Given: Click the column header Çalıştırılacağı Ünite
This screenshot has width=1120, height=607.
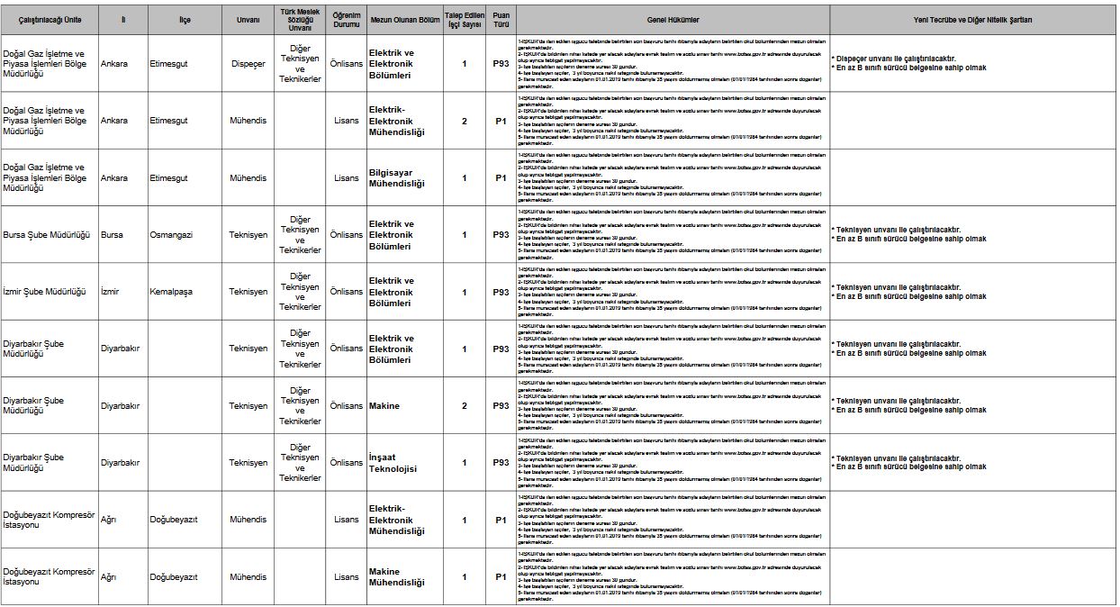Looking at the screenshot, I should click(50, 20).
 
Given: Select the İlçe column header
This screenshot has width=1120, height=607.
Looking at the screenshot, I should click(185, 20).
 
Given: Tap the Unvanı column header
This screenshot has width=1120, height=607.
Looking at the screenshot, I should click(248, 20).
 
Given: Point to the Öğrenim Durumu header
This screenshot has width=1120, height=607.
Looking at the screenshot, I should click(347, 20).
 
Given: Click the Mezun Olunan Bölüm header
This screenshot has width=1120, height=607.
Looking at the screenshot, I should click(404, 20).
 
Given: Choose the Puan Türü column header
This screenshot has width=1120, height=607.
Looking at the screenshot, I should click(501, 20).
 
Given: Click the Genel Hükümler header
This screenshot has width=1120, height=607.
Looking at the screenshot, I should click(673, 20).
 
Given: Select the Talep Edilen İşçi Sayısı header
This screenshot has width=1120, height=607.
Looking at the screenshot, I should click(465, 20).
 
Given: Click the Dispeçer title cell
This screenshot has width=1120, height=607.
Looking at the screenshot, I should click(248, 64).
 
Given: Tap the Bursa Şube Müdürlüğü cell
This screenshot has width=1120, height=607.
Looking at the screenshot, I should click(47, 235).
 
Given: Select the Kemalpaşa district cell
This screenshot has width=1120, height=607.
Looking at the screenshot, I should click(171, 292).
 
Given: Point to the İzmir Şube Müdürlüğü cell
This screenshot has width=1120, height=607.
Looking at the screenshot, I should click(44, 292).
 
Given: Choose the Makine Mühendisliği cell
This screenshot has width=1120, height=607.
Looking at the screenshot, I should click(396, 577).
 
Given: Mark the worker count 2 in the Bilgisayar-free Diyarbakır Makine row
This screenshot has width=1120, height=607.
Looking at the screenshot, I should click(465, 406).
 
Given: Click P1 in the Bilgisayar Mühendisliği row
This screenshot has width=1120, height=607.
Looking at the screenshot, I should click(501, 178).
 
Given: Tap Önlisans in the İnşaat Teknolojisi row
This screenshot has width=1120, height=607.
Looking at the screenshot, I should click(347, 463).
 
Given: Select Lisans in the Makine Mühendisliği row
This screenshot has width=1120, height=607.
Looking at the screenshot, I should click(347, 577).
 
